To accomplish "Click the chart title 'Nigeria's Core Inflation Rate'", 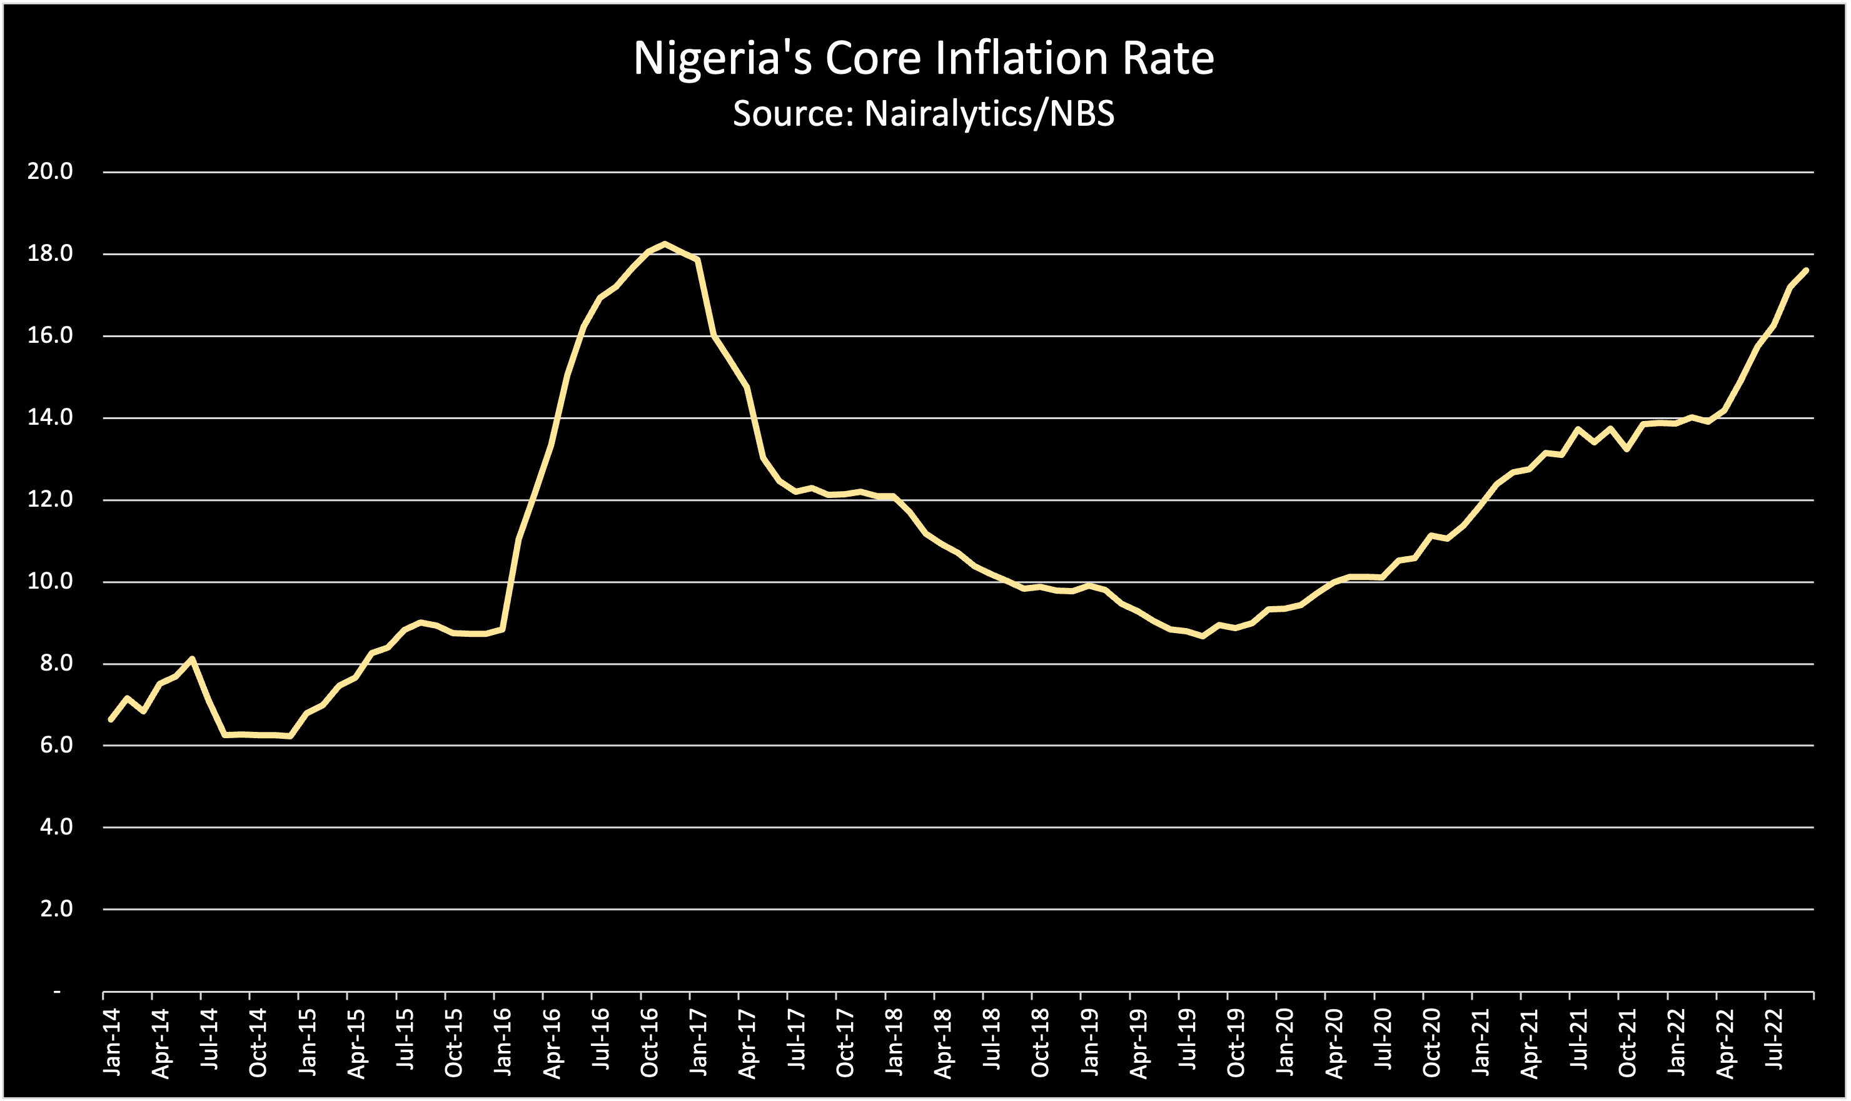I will [923, 58].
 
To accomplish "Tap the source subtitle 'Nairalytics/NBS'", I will [923, 113].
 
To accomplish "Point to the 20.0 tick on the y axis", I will [51, 172].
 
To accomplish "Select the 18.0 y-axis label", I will [51, 254].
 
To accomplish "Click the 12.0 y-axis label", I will [51, 499].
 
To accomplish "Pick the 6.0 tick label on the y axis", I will [56, 746].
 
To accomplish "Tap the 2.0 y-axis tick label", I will [56, 909].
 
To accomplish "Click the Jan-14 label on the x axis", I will [113, 1041].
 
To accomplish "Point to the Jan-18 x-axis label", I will [894, 1041].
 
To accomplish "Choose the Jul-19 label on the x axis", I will [1188, 1040].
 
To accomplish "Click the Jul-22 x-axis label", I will [1774, 1040].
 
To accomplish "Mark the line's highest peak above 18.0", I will [665, 243].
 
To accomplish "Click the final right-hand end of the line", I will [1807, 270].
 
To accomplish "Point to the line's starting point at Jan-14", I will [111, 719].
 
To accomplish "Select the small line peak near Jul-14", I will [192, 658].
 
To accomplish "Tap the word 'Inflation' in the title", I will [1024, 58].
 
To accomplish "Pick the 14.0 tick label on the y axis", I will [51, 418].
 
